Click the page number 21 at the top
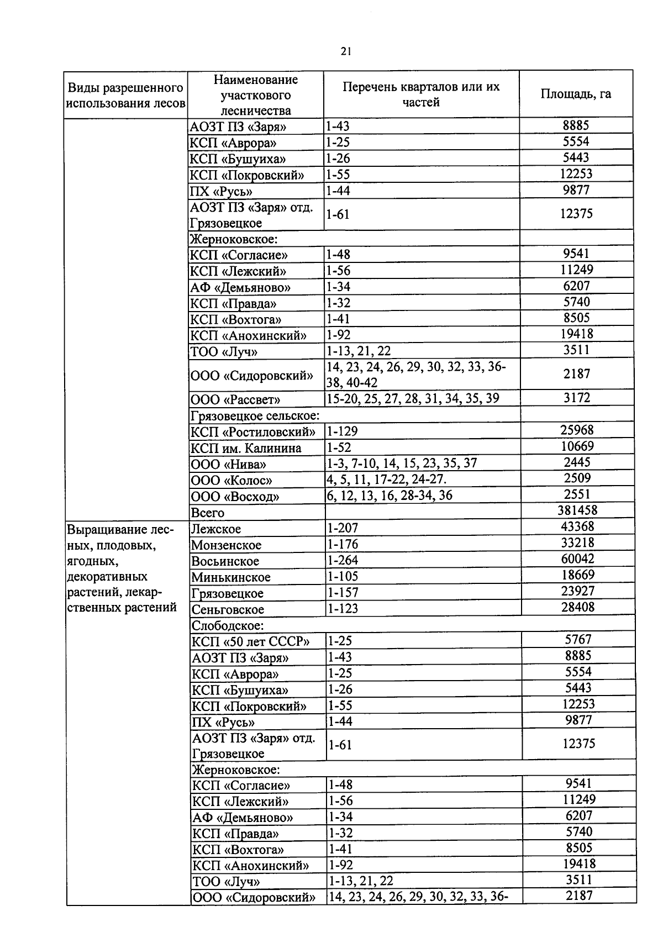(x=346, y=51)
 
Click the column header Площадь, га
(x=576, y=94)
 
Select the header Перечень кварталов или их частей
(x=421, y=94)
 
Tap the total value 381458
(x=577, y=510)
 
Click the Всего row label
(x=208, y=513)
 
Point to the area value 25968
(x=577, y=430)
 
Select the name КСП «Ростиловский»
(x=253, y=432)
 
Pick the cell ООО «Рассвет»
(x=235, y=399)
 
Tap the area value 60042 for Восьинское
(x=578, y=559)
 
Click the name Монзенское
(x=227, y=545)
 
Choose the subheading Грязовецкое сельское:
(x=255, y=415)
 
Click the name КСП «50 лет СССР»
(x=250, y=642)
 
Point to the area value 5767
(x=578, y=640)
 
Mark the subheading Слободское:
(x=228, y=625)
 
